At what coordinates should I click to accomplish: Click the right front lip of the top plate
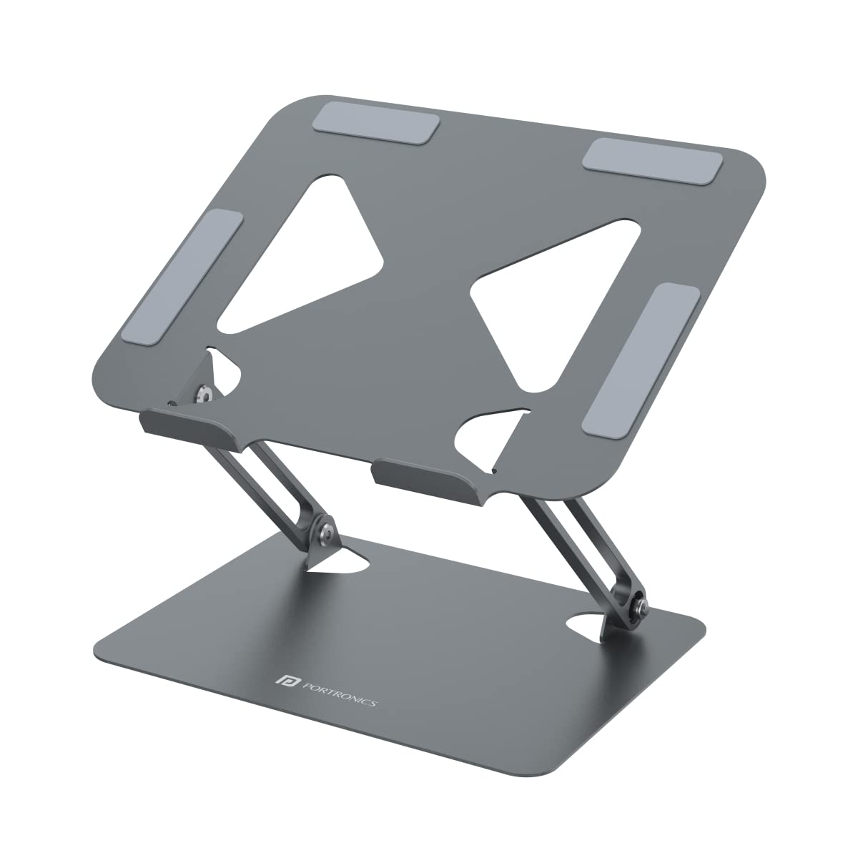coord(422,477)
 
